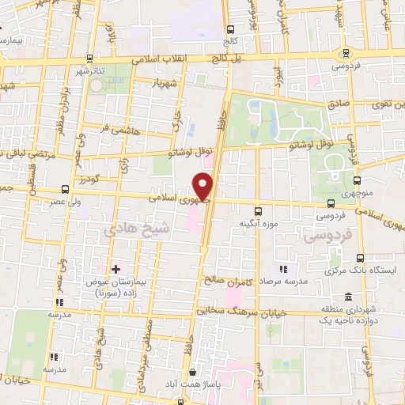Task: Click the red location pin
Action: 203,186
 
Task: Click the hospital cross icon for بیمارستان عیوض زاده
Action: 115,270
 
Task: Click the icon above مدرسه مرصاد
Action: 284,270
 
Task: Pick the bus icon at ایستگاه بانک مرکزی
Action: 361,259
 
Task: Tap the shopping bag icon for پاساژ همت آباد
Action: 192,372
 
